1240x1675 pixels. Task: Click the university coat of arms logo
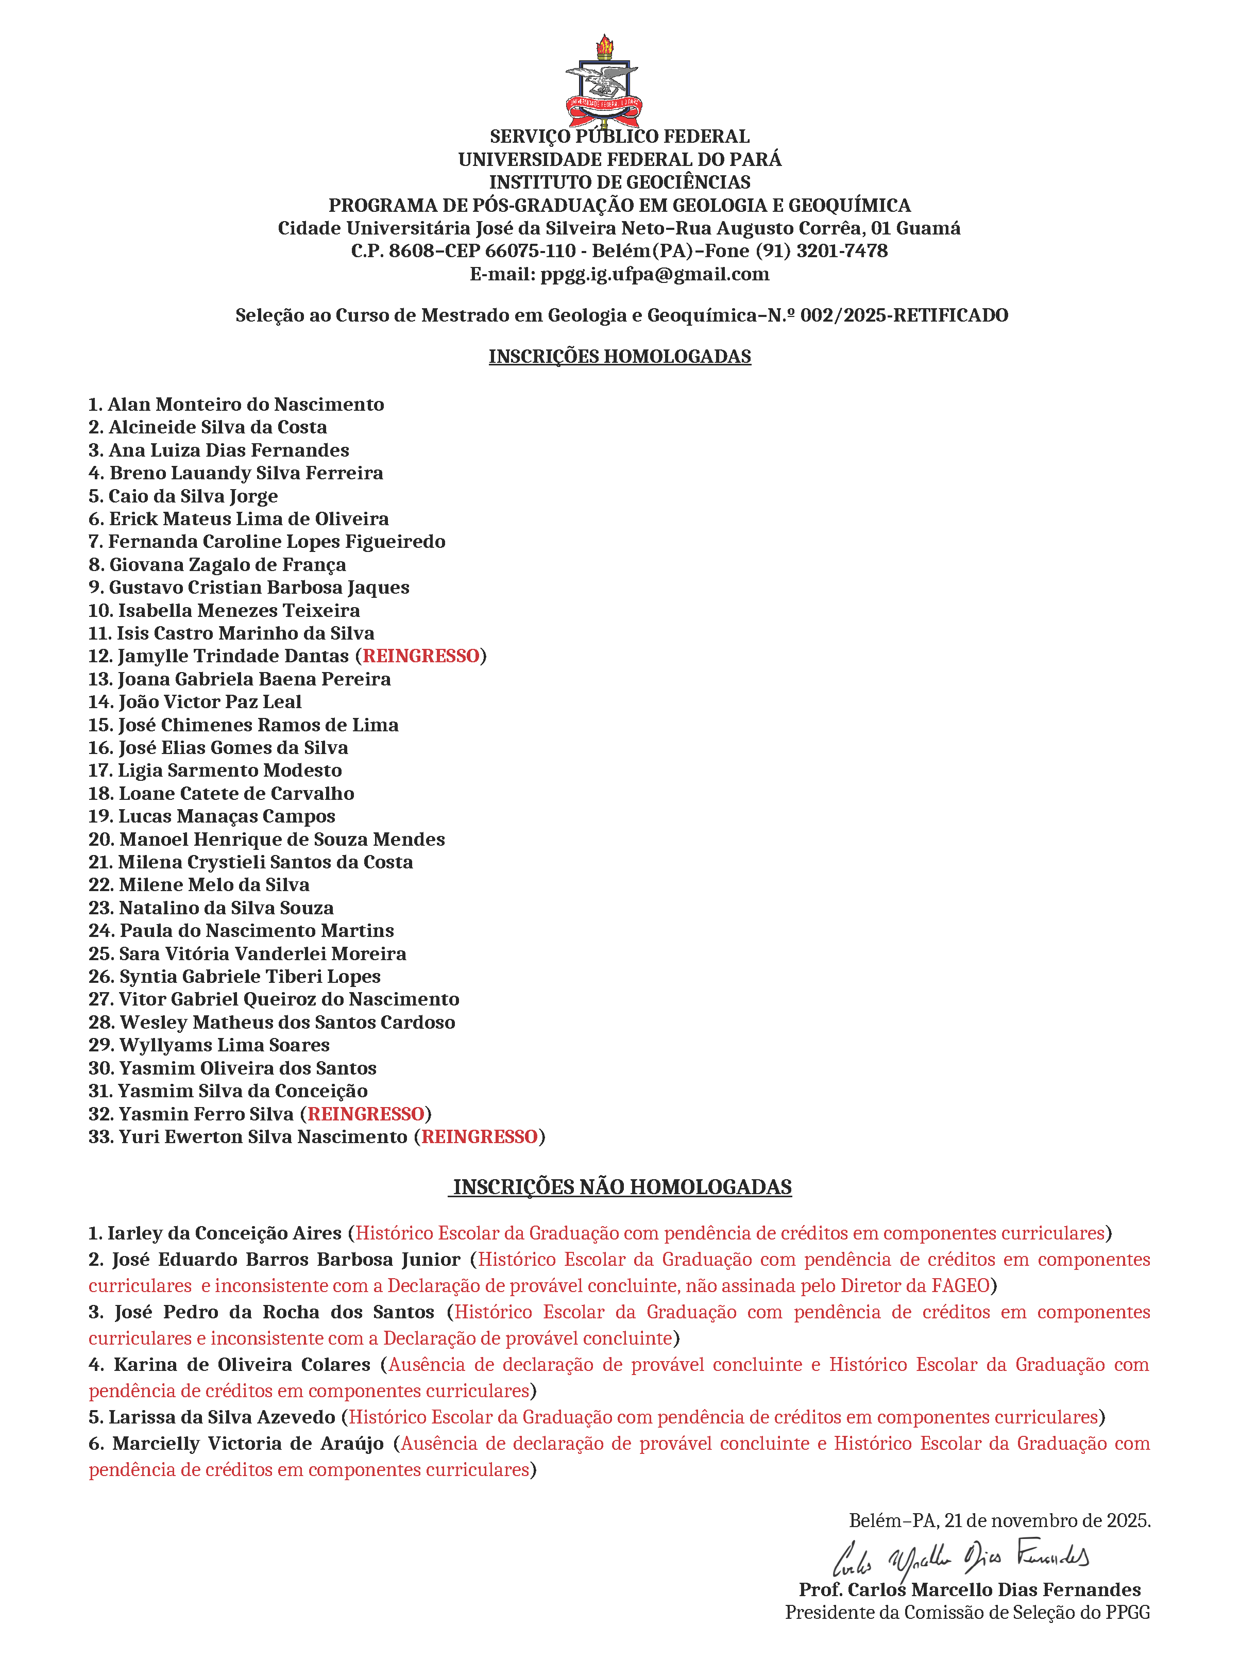pyautogui.click(x=603, y=82)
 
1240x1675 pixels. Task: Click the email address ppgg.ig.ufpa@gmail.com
pyautogui.click(x=655, y=274)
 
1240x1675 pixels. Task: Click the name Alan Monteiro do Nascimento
pyautogui.click(x=245, y=405)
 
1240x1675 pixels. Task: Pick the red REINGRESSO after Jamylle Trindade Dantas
pyautogui.click(x=421, y=656)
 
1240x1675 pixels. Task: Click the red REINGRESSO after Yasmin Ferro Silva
pyautogui.click(x=366, y=1114)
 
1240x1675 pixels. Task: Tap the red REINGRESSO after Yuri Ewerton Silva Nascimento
pyautogui.click(x=480, y=1137)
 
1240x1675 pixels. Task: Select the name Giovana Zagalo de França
pyautogui.click(x=227, y=564)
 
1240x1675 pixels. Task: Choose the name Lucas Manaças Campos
pyautogui.click(x=227, y=816)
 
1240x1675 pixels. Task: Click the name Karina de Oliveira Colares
pyautogui.click(x=242, y=1364)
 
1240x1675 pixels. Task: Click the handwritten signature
pyautogui.click(x=961, y=1560)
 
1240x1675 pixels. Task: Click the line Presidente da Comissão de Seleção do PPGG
pyautogui.click(x=967, y=1613)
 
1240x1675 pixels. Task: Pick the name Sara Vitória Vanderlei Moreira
pyautogui.click(x=262, y=953)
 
